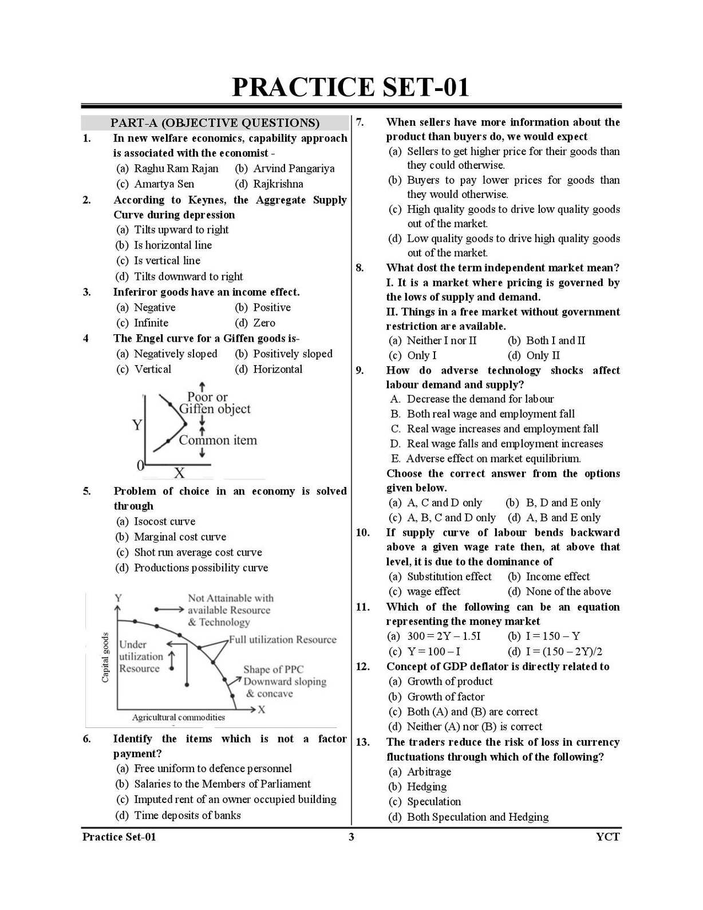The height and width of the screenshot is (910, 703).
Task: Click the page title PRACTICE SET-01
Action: tap(350, 87)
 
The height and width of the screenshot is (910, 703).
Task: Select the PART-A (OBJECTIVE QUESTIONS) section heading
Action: tap(215, 122)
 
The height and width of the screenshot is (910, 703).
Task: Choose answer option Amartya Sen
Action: tap(164, 184)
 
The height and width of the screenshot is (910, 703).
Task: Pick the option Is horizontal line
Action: tap(172, 245)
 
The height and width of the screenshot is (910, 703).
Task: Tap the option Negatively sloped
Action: tap(175, 354)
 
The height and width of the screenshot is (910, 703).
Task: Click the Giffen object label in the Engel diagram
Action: tap(215, 409)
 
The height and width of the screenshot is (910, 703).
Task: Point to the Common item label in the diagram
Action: tap(218, 440)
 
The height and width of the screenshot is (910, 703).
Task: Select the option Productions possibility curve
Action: tap(200, 568)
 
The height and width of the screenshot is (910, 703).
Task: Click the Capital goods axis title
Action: tap(105, 658)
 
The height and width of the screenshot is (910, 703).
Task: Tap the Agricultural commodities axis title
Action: tap(179, 717)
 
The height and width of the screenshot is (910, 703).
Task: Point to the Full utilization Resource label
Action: tap(283, 639)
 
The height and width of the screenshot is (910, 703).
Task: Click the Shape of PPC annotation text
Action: tap(274, 669)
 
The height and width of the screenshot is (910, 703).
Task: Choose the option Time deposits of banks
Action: tap(187, 815)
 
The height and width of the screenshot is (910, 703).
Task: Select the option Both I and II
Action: tap(555, 341)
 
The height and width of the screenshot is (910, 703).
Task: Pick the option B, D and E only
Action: tap(563, 503)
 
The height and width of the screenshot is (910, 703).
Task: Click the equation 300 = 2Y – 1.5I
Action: tap(444, 636)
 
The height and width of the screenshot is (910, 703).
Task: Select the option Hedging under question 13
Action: tap(426, 786)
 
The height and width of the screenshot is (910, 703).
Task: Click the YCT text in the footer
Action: tap(607, 837)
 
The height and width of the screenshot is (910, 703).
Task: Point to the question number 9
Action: tap(360, 370)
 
